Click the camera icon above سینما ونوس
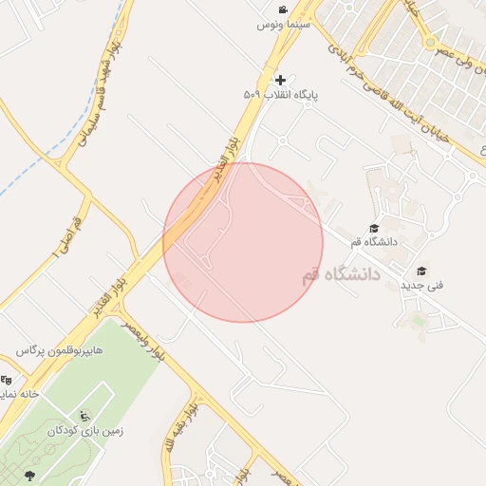pos(282,9)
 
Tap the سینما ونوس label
pos(282,25)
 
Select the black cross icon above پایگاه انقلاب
pos(279,80)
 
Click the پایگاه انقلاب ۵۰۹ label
pos(279,95)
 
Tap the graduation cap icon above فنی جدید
pos(421,271)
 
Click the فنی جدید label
pos(421,285)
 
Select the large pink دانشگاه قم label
pos(340,275)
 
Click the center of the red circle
pos(243,242)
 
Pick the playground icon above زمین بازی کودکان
pos(85,415)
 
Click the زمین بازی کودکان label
pos(86,429)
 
